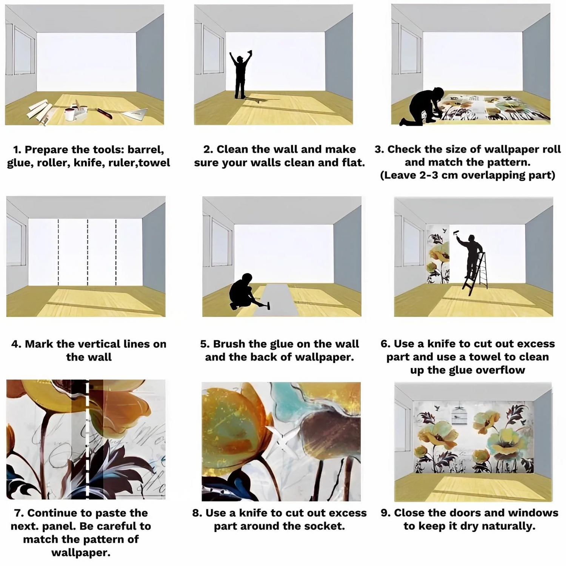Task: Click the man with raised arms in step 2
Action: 240,77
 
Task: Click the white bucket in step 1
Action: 70,114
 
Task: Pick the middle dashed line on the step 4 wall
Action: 88,252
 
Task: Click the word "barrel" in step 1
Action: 146,150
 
